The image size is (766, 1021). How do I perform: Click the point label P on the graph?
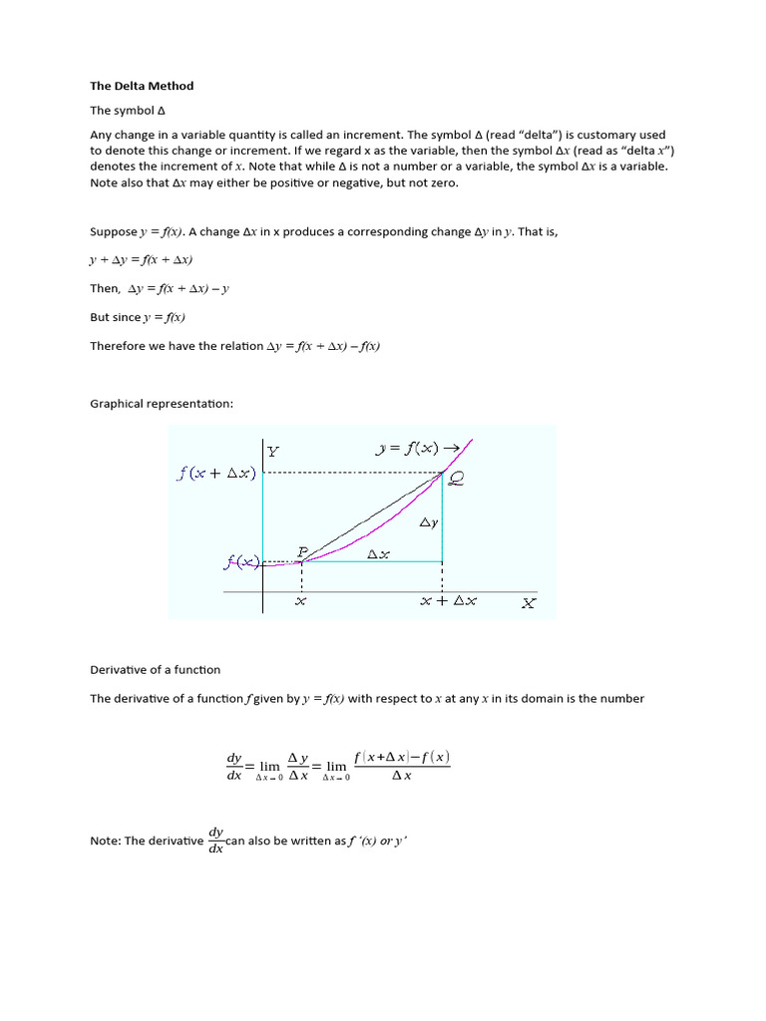303,550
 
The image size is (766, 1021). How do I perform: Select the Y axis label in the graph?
273,451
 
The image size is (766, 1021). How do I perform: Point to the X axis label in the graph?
528,602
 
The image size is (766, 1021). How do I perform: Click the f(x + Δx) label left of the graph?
216,474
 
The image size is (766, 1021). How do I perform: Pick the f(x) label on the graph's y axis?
239,562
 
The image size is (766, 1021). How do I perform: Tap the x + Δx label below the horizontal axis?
448,601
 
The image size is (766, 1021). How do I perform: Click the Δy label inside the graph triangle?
428,522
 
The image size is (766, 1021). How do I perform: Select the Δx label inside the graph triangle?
378,554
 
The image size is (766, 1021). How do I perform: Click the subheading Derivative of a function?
155,669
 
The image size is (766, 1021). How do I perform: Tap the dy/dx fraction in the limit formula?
234,766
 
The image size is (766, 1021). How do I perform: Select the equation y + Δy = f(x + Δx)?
141,259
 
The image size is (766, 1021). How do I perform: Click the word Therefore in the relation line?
117,346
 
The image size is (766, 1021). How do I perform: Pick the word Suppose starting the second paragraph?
113,231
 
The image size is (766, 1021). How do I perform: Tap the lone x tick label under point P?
300,601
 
